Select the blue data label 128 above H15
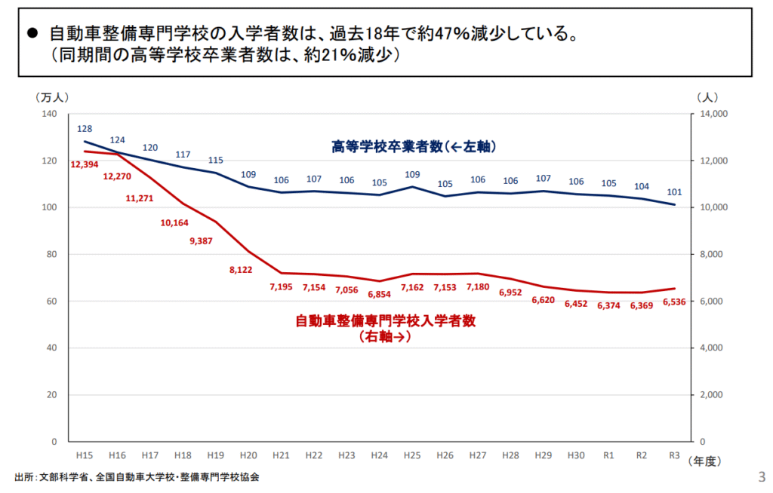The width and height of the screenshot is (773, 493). (85, 129)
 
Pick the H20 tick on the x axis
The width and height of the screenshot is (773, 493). (248, 456)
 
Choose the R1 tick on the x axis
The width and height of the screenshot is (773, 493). (608, 456)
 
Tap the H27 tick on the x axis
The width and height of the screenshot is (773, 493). (477, 456)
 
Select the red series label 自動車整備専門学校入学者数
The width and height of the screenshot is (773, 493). (385, 321)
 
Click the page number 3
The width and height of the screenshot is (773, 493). (760, 476)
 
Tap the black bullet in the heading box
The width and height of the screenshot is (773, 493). (32, 34)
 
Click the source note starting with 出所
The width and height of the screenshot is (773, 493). (137, 477)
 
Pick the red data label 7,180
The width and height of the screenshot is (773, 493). (477, 286)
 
